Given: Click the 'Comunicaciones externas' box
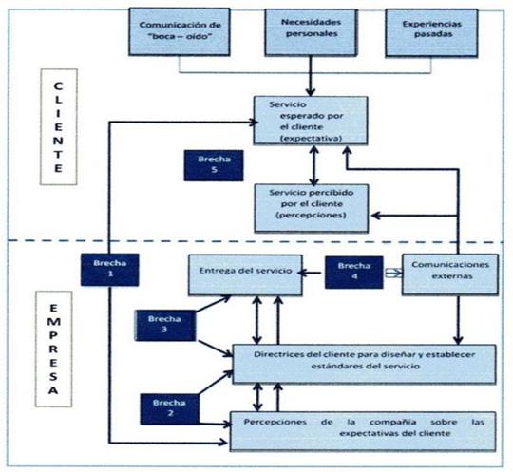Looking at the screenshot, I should pyautogui.click(x=450, y=275).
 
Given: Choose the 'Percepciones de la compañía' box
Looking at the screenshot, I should pyautogui.click(x=365, y=426).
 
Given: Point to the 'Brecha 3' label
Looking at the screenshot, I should pyautogui.click(x=163, y=326).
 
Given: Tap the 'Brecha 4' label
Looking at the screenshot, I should pyautogui.click(x=353, y=271).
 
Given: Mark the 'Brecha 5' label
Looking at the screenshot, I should pyautogui.click(x=215, y=163).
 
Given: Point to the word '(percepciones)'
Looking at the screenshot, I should pyautogui.click(x=306, y=217).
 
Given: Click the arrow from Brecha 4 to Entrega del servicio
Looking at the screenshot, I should pyautogui.click(x=313, y=274).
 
